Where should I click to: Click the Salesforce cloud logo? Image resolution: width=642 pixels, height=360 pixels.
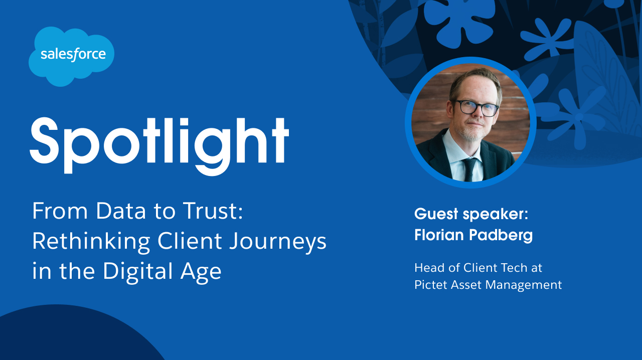[71, 56]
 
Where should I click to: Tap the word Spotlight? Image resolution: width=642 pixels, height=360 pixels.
[159, 145]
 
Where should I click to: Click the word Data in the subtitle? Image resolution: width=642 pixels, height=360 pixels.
[121, 211]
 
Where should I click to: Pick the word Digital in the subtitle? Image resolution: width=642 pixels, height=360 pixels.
[138, 271]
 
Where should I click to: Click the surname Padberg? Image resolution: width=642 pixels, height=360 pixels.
[501, 235]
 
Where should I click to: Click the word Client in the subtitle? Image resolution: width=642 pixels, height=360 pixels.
[190, 241]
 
